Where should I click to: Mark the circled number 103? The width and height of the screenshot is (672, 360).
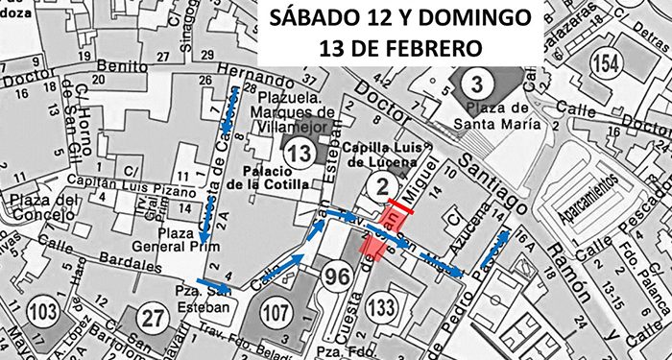[x=43, y=311]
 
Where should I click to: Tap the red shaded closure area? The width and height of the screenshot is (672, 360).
[x=372, y=248]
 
